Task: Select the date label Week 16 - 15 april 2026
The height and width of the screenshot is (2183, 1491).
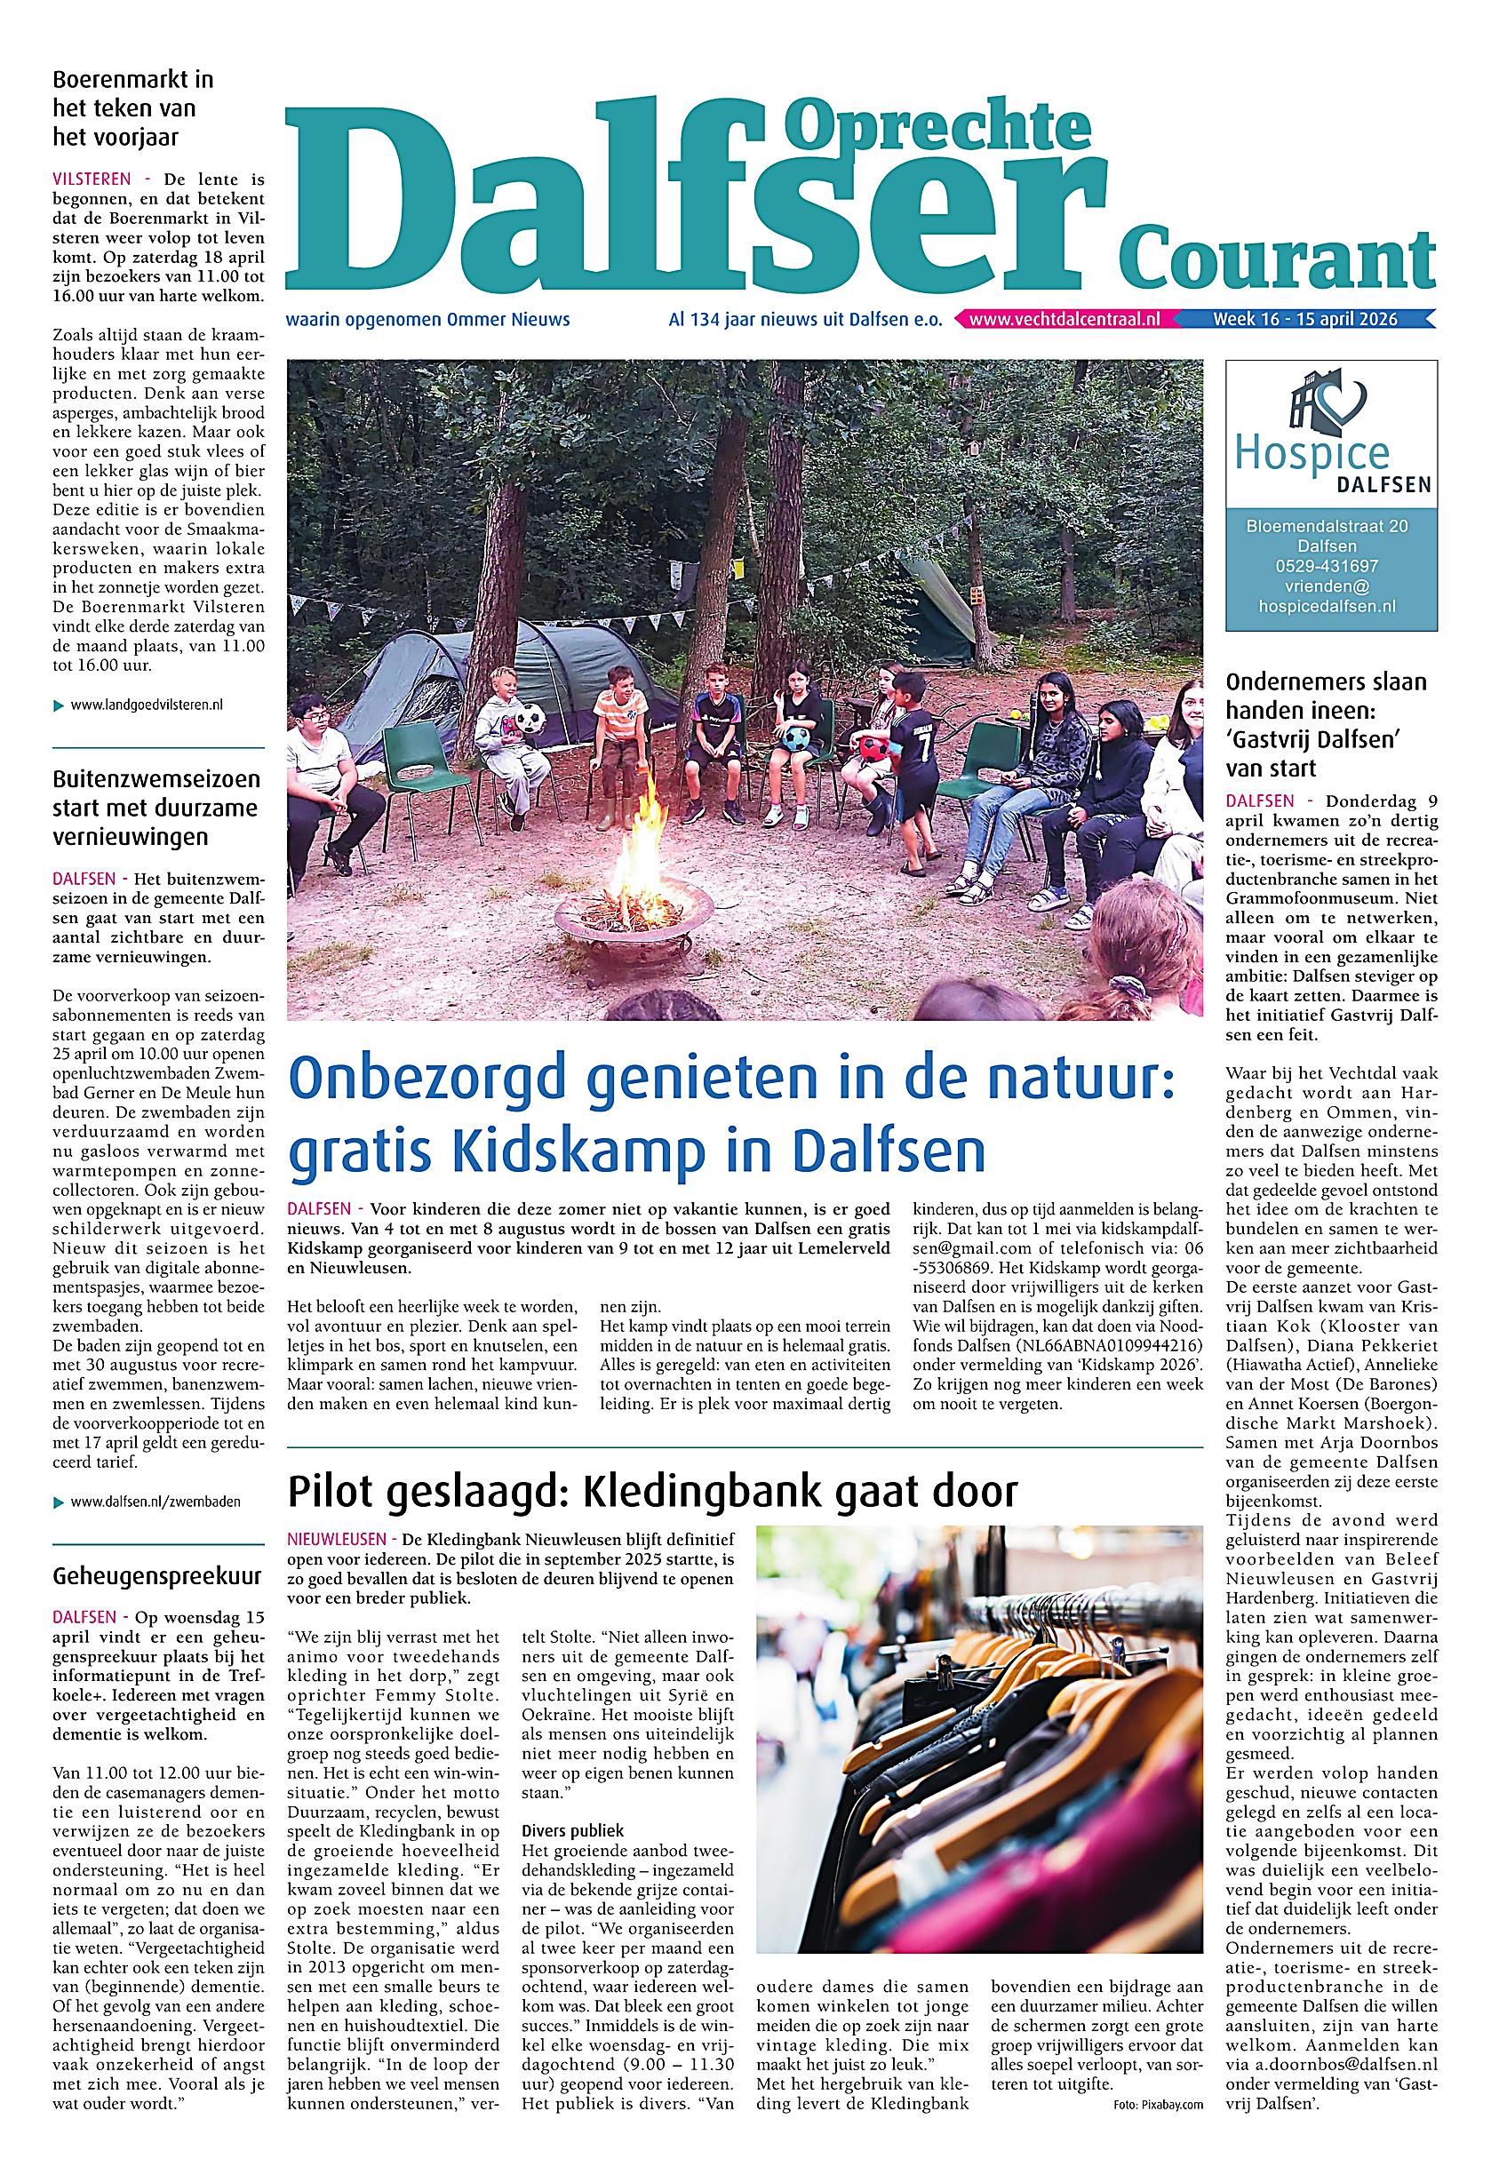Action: [x=1305, y=319]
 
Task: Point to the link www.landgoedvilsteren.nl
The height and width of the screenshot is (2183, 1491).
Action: [x=147, y=705]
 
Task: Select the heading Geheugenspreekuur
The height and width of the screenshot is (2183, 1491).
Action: [x=157, y=1576]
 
